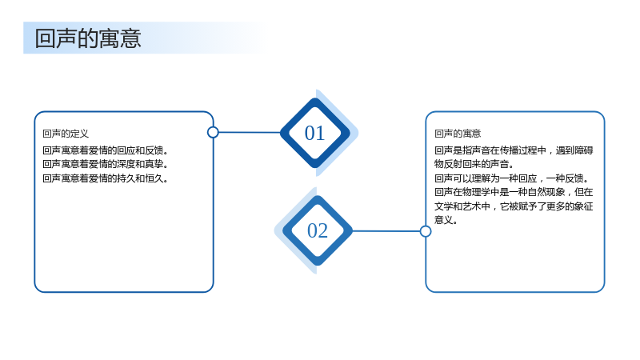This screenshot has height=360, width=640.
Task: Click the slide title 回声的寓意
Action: tap(88, 38)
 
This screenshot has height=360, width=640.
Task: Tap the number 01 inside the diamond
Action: tap(314, 133)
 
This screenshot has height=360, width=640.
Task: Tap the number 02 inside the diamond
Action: tap(318, 230)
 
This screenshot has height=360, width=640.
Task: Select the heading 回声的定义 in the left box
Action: tap(66, 134)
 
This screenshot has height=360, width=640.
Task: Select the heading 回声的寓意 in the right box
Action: tap(458, 134)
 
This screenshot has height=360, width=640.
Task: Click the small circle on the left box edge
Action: tap(213, 132)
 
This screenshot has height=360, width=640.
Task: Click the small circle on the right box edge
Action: tap(426, 231)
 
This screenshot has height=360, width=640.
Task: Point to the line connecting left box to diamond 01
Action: tap(250, 132)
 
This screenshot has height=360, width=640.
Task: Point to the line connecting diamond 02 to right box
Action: tap(386, 231)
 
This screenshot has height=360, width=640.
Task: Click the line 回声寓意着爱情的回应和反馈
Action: tap(106, 150)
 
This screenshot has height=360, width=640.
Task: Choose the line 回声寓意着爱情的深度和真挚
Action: tap(106, 164)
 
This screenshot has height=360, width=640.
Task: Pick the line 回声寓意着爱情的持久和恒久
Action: tap(106, 178)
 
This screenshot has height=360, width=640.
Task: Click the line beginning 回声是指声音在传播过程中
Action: tap(514, 150)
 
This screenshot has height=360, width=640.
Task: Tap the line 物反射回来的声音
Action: tap(474, 164)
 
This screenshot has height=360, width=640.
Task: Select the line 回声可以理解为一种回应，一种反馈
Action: tap(512, 178)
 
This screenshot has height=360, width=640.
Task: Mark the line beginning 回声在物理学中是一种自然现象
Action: tap(514, 192)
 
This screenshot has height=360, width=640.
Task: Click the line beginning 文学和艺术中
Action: tap(514, 206)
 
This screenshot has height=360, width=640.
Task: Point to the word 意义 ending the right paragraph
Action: tap(444, 220)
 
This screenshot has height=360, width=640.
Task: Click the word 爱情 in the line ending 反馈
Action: tap(98, 150)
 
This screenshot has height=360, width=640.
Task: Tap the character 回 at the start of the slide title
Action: tap(45, 38)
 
